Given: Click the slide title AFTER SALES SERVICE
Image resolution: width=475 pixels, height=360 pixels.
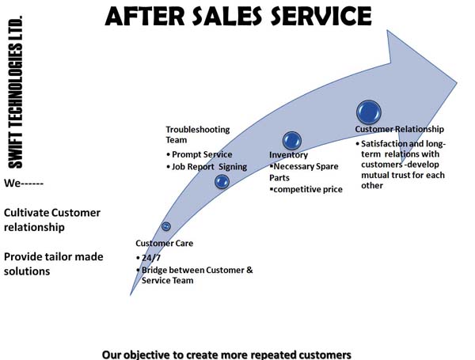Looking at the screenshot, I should tap(237, 16).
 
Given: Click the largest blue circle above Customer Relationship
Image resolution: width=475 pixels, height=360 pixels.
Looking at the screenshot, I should tap(369, 112).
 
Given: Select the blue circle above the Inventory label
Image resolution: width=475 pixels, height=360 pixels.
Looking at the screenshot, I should tap(291, 141).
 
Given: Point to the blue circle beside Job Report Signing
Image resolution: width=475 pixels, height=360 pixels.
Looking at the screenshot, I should tap(222, 181).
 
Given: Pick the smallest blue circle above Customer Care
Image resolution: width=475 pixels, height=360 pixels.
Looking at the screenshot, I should tap(166, 226).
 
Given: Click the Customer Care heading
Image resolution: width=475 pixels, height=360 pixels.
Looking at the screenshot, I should tap(164, 243).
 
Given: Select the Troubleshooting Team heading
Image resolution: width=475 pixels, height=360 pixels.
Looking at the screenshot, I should tap(198, 135).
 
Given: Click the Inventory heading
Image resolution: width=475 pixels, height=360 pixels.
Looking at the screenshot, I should tap(288, 155).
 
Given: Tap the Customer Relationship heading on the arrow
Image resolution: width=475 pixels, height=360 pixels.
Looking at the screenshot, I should tap(399, 129).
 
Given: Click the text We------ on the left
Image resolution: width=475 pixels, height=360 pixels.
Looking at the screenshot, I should tap(23, 183).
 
